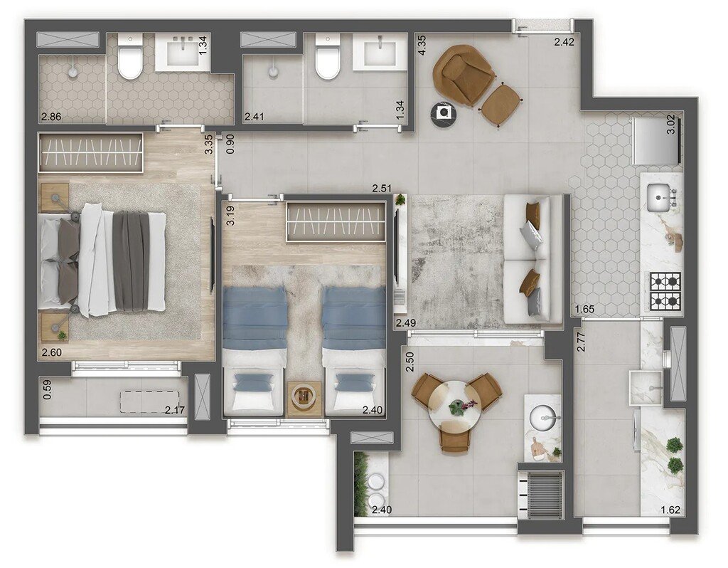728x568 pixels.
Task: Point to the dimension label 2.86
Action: click(x=50, y=116)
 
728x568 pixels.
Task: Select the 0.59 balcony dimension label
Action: click(x=46, y=391)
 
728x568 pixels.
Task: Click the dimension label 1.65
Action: click(x=585, y=310)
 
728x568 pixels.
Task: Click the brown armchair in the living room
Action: click(x=464, y=73)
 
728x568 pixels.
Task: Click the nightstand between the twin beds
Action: click(x=304, y=399)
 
